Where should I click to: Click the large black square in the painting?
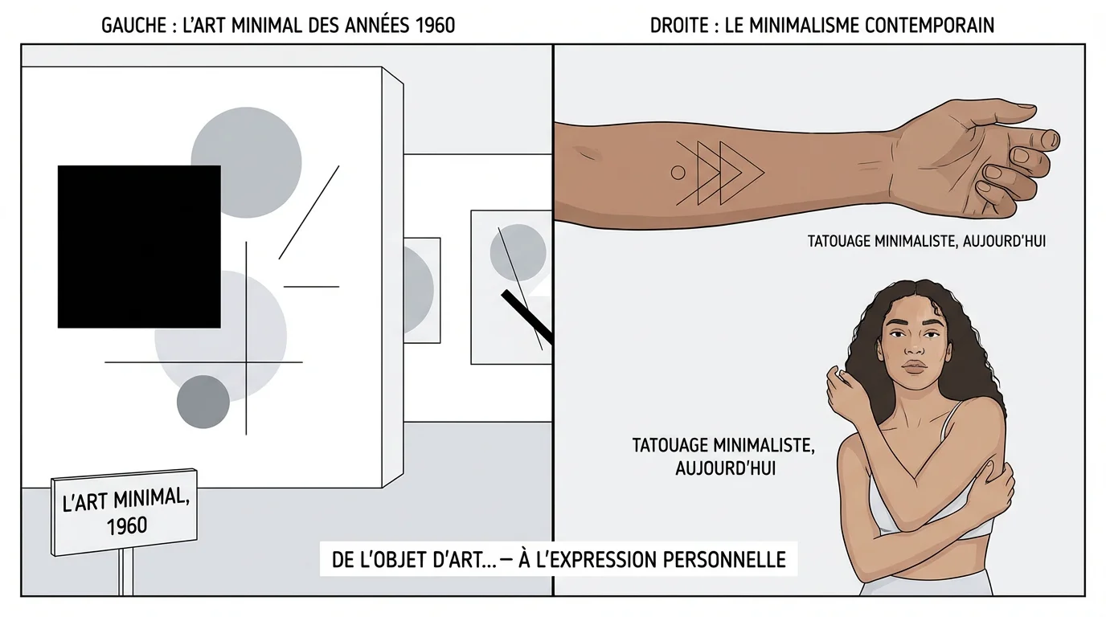point(139,247)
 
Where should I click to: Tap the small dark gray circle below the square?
point(203,402)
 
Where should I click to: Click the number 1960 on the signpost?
point(127,525)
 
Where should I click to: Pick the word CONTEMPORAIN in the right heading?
point(929,25)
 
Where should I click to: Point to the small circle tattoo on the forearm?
point(678,172)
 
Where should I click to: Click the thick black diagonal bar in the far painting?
point(527,316)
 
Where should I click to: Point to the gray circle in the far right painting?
point(518,252)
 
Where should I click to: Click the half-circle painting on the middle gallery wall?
point(420,289)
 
